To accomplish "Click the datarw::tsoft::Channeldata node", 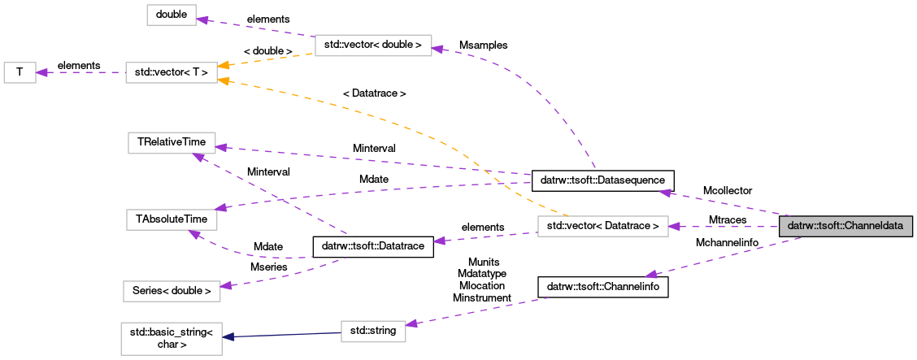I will pos(846,226).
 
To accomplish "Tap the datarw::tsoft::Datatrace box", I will pos(373,245).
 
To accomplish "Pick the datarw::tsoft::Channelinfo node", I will pos(602,287).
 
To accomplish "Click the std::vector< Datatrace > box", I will pos(602,226).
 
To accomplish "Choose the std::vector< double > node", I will pos(372,45).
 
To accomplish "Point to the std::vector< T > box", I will pos(171,73).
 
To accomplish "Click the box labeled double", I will pos(172,15).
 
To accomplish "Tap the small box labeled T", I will pos(20,72).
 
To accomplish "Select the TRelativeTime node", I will pos(171,142).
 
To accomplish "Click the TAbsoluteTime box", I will pos(171,219).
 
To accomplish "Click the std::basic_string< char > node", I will pos(172,339).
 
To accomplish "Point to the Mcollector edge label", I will pos(728,190).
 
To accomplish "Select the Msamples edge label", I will pos(483,46).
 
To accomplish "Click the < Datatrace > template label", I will pos(374,93).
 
